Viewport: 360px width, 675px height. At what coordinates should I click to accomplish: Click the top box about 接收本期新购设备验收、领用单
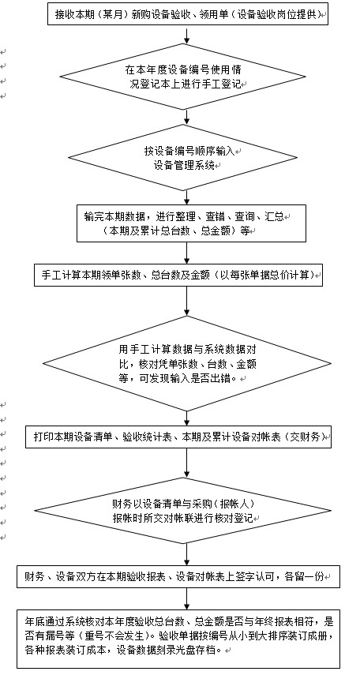coord(187,15)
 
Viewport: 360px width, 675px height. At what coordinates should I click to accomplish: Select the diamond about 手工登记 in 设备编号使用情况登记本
coord(182,77)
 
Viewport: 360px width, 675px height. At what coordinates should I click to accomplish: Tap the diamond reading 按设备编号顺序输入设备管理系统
coord(182,158)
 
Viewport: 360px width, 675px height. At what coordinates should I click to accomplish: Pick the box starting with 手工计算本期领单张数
coord(178,276)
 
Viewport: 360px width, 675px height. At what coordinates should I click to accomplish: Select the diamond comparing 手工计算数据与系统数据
coord(187,363)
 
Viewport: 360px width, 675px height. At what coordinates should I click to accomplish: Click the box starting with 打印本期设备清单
coord(178,437)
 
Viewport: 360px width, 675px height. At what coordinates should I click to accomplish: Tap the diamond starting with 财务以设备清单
coord(182,511)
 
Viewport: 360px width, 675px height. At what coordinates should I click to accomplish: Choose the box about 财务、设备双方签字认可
coord(178,577)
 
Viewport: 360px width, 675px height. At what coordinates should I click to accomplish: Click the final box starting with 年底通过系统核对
coord(178,639)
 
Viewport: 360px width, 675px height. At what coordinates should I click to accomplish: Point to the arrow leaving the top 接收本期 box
coord(186,36)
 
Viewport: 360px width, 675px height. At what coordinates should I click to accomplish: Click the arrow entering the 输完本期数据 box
coord(186,197)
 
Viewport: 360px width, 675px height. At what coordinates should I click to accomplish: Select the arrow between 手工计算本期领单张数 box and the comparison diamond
coord(186,301)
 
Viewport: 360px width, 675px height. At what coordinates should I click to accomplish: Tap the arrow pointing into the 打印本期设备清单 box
coord(186,418)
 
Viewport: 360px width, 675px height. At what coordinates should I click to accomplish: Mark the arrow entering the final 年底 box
coord(186,598)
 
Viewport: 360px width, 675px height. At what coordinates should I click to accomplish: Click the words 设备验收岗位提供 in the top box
coord(286,15)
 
